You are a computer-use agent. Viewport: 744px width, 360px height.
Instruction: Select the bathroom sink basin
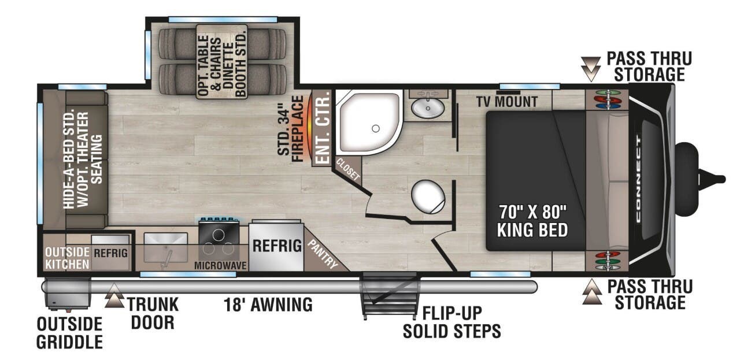coord(428,107)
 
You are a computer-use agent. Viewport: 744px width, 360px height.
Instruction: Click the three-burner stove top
coord(219,242)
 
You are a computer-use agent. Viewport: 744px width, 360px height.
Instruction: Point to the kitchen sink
coord(165,247)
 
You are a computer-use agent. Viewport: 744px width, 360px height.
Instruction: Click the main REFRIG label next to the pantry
coord(277,246)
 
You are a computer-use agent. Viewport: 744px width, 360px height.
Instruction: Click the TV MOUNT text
coord(507,102)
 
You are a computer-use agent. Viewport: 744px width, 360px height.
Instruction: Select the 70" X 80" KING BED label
coord(532,221)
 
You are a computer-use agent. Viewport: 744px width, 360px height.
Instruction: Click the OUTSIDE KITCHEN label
coord(67,258)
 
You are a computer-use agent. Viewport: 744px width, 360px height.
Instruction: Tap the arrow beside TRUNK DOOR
coord(114,294)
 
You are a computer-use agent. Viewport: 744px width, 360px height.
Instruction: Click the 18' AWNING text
coord(268,304)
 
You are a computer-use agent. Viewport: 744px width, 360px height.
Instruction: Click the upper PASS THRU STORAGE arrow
coord(591,68)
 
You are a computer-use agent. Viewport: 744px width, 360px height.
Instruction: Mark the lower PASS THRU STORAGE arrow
coord(591,292)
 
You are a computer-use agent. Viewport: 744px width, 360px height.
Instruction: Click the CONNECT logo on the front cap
coord(638,179)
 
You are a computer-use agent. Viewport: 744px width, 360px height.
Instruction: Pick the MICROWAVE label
coord(220,265)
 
